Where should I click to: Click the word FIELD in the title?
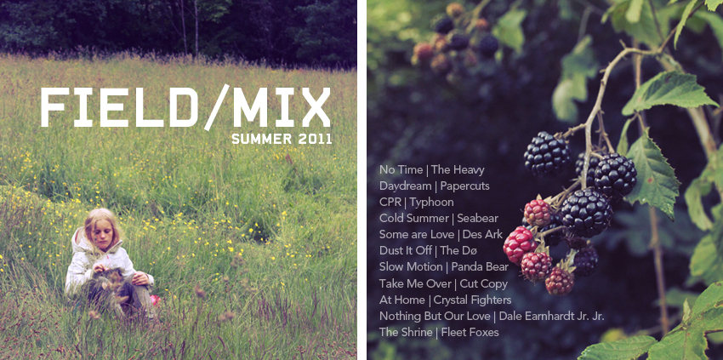(x=119, y=107)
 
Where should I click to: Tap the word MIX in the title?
(x=282, y=107)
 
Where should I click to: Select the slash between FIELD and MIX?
(x=216, y=107)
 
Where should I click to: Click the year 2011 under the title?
(x=315, y=139)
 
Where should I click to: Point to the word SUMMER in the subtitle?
(x=262, y=139)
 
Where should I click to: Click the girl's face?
(x=100, y=233)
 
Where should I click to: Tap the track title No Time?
(x=401, y=170)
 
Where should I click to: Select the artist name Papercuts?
(x=464, y=186)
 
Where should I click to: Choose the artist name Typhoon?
(x=431, y=203)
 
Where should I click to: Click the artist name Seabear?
(x=478, y=218)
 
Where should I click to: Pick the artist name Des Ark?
(x=482, y=234)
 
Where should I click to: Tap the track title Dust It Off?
(x=405, y=250)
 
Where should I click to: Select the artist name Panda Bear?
(x=480, y=266)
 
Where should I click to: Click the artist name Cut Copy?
(x=483, y=283)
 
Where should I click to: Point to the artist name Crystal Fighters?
(x=472, y=300)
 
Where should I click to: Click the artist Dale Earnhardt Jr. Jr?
(x=551, y=316)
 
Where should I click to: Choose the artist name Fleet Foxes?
(x=470, y=332)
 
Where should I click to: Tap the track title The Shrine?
(x=406, y=332)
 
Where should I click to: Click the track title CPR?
(x=390, y=203)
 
